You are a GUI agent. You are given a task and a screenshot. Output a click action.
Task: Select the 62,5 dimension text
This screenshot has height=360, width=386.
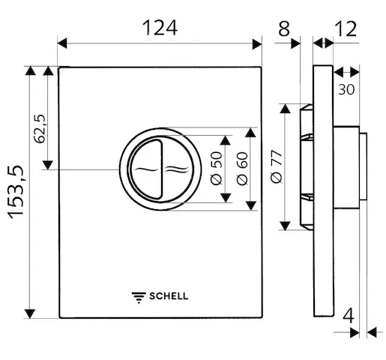[x=41, y=128]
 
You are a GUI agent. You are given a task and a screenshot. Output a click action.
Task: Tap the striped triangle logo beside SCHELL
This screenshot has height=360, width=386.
[x=139, y=295]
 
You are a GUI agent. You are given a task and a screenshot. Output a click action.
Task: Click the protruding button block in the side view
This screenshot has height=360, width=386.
[x=349, y=168]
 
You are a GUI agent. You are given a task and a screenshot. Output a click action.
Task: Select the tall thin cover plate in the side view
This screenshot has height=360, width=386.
[x=322, y=191]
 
